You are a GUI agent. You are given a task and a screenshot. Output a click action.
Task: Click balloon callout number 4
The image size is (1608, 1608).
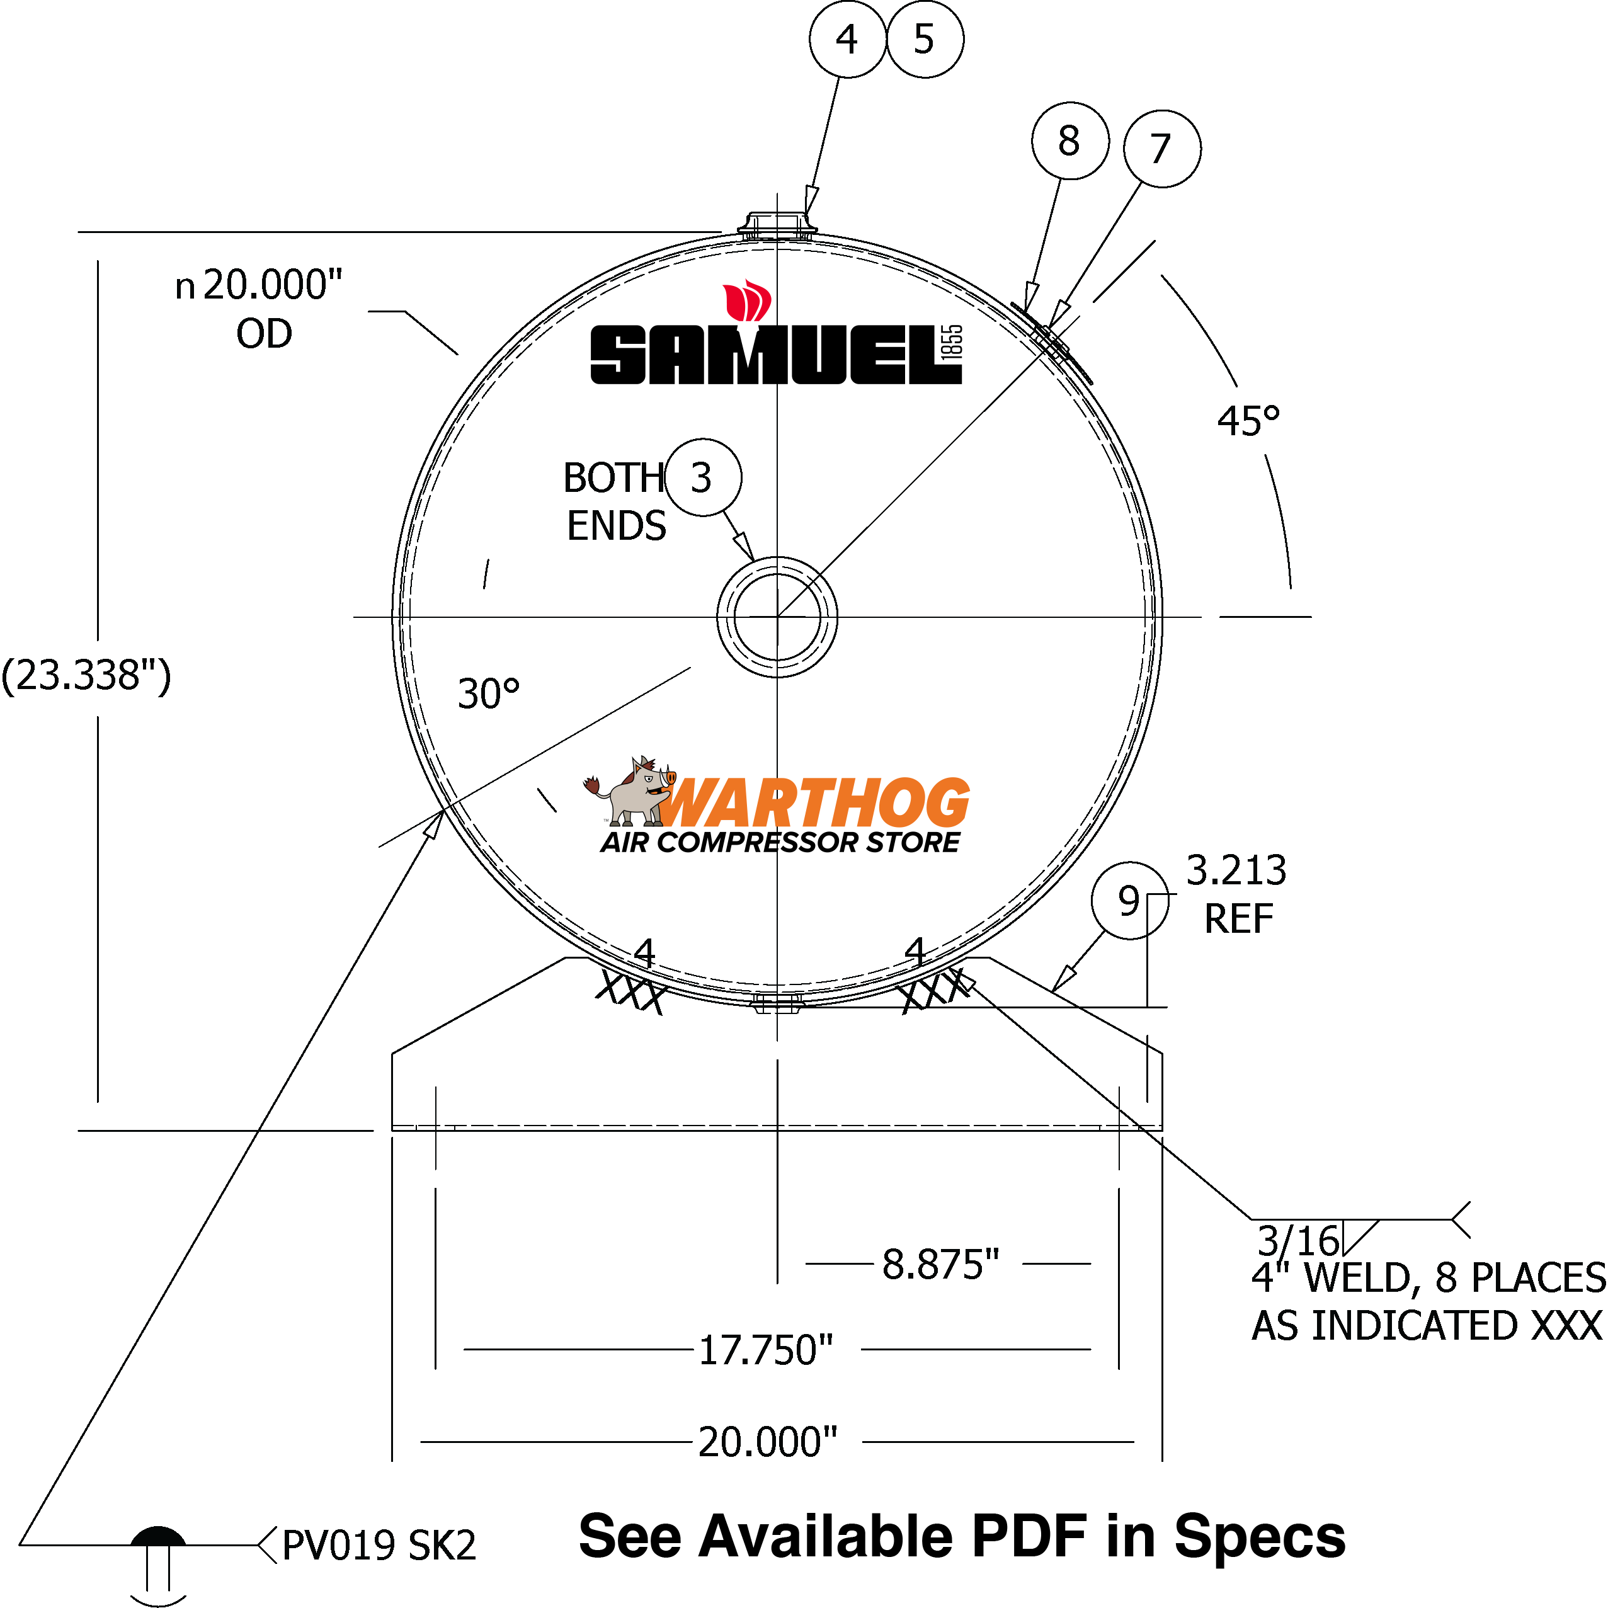(847, 39)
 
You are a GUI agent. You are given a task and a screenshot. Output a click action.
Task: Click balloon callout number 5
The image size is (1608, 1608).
(925, 39)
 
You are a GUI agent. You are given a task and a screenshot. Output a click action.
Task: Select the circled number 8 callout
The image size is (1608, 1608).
(1069, 140)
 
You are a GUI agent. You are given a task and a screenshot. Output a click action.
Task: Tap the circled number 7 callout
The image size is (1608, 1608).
(1162, 149)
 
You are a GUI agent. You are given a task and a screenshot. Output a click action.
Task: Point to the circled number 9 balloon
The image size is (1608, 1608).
(1129, 901)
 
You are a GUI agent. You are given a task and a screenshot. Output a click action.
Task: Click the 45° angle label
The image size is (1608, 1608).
(1248, 421)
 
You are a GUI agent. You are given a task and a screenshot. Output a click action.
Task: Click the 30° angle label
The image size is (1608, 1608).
(489, 693)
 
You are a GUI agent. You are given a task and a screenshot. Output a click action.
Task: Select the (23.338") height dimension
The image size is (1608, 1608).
(86, 675)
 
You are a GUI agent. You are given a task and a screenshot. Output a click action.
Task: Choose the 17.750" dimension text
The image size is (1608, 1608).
(765, 1350)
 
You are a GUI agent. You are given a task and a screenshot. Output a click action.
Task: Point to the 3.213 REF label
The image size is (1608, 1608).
(1237, 894)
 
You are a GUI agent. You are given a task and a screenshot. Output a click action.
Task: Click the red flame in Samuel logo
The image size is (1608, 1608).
(746, 301)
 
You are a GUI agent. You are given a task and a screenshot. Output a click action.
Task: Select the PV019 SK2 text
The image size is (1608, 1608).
(379, 1546)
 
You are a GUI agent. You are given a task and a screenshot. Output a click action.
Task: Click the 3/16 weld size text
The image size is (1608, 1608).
(1297, 1241)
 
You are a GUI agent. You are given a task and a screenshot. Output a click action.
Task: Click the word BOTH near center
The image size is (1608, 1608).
(613, 477)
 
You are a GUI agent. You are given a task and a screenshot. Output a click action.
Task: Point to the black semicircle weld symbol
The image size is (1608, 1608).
(158, 1536)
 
